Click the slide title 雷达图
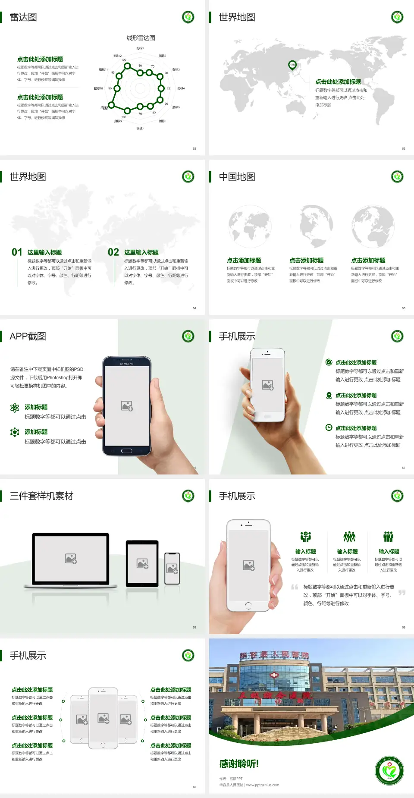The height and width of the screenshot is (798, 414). [x=23, y=17]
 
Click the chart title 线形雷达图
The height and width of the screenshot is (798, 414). [x=141, y=38]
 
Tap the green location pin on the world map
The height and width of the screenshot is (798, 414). [x=292, y=65]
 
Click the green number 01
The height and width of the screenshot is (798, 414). [x=17, y=252]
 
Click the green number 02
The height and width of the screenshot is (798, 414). [x=113, y=252]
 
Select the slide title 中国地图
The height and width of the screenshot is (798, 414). [x=237, y=177]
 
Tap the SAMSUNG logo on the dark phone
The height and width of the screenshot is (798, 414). [x=127, y=364]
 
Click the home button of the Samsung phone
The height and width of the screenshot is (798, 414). [x=126, y=451]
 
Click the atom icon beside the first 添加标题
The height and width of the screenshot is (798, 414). [x=15, y=408]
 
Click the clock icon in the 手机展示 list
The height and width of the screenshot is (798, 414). [x=329, y=427]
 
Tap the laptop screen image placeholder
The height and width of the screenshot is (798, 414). [x=71, y=559]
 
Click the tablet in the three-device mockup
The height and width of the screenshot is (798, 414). [x=142, y=563]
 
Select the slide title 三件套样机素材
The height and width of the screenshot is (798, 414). [x=41, y=496]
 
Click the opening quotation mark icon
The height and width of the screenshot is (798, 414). [x=295, y=587]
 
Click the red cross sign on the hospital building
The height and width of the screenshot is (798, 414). [x=274, y=675]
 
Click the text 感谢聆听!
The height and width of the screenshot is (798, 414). [x=239, y=764]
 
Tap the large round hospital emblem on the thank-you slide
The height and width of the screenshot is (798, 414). [x=389, y=770]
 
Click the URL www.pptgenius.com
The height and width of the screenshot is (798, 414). [x=263, y=785]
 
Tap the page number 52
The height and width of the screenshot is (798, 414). [x=194, y=148]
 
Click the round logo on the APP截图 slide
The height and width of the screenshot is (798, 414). [x=188, y=336]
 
